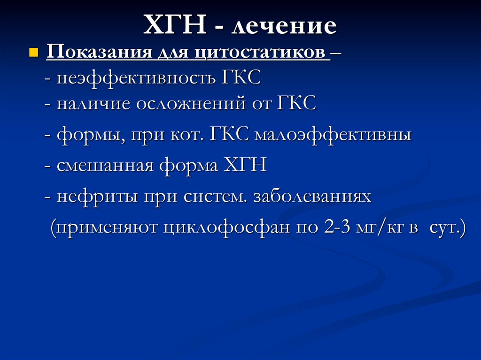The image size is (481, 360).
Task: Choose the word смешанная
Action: pyautogui.click(x=104, y=166)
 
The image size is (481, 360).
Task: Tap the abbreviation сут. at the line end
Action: pyautogui.click(x=447, y=229)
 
